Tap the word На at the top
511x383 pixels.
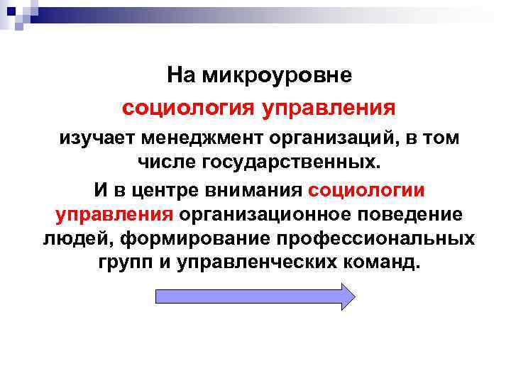coord(182,75)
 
